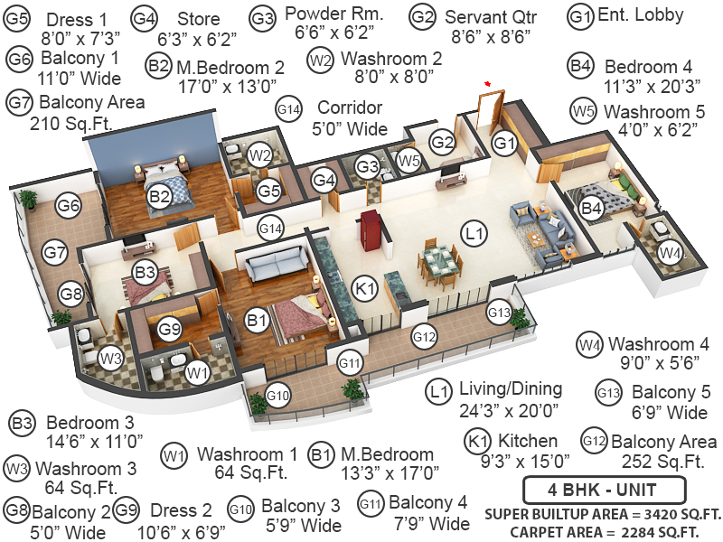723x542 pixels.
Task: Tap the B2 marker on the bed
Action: tap(160, 196)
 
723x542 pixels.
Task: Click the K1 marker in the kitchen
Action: tap(364, 290)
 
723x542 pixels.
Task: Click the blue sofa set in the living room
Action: tap(538, 218)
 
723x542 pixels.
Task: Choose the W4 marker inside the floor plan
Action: tap(669, 254)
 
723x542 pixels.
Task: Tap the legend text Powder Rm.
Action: tap(333, 14)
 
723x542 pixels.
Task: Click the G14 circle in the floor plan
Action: tap(271, 229)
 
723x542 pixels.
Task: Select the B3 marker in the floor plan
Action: tap(146, 271)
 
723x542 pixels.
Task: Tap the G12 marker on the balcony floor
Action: tap(425, 336)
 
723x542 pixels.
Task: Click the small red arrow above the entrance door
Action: tap(488, 84)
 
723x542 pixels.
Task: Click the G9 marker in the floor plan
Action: tap(170, 330)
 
